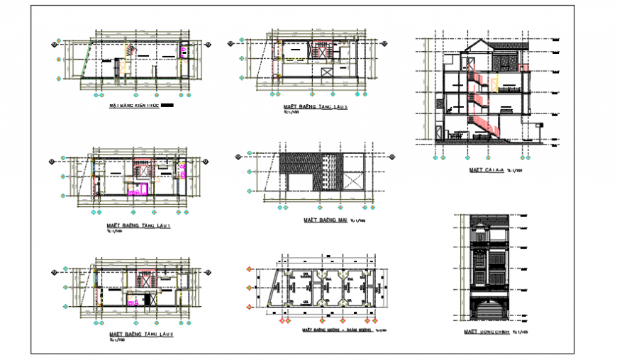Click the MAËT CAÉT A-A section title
[x=487, y=170]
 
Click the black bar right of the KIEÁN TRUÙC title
[x=167, y=105]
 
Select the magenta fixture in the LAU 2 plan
[x=131, y=303]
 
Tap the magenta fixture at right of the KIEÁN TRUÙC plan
[x=184, y=50]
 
